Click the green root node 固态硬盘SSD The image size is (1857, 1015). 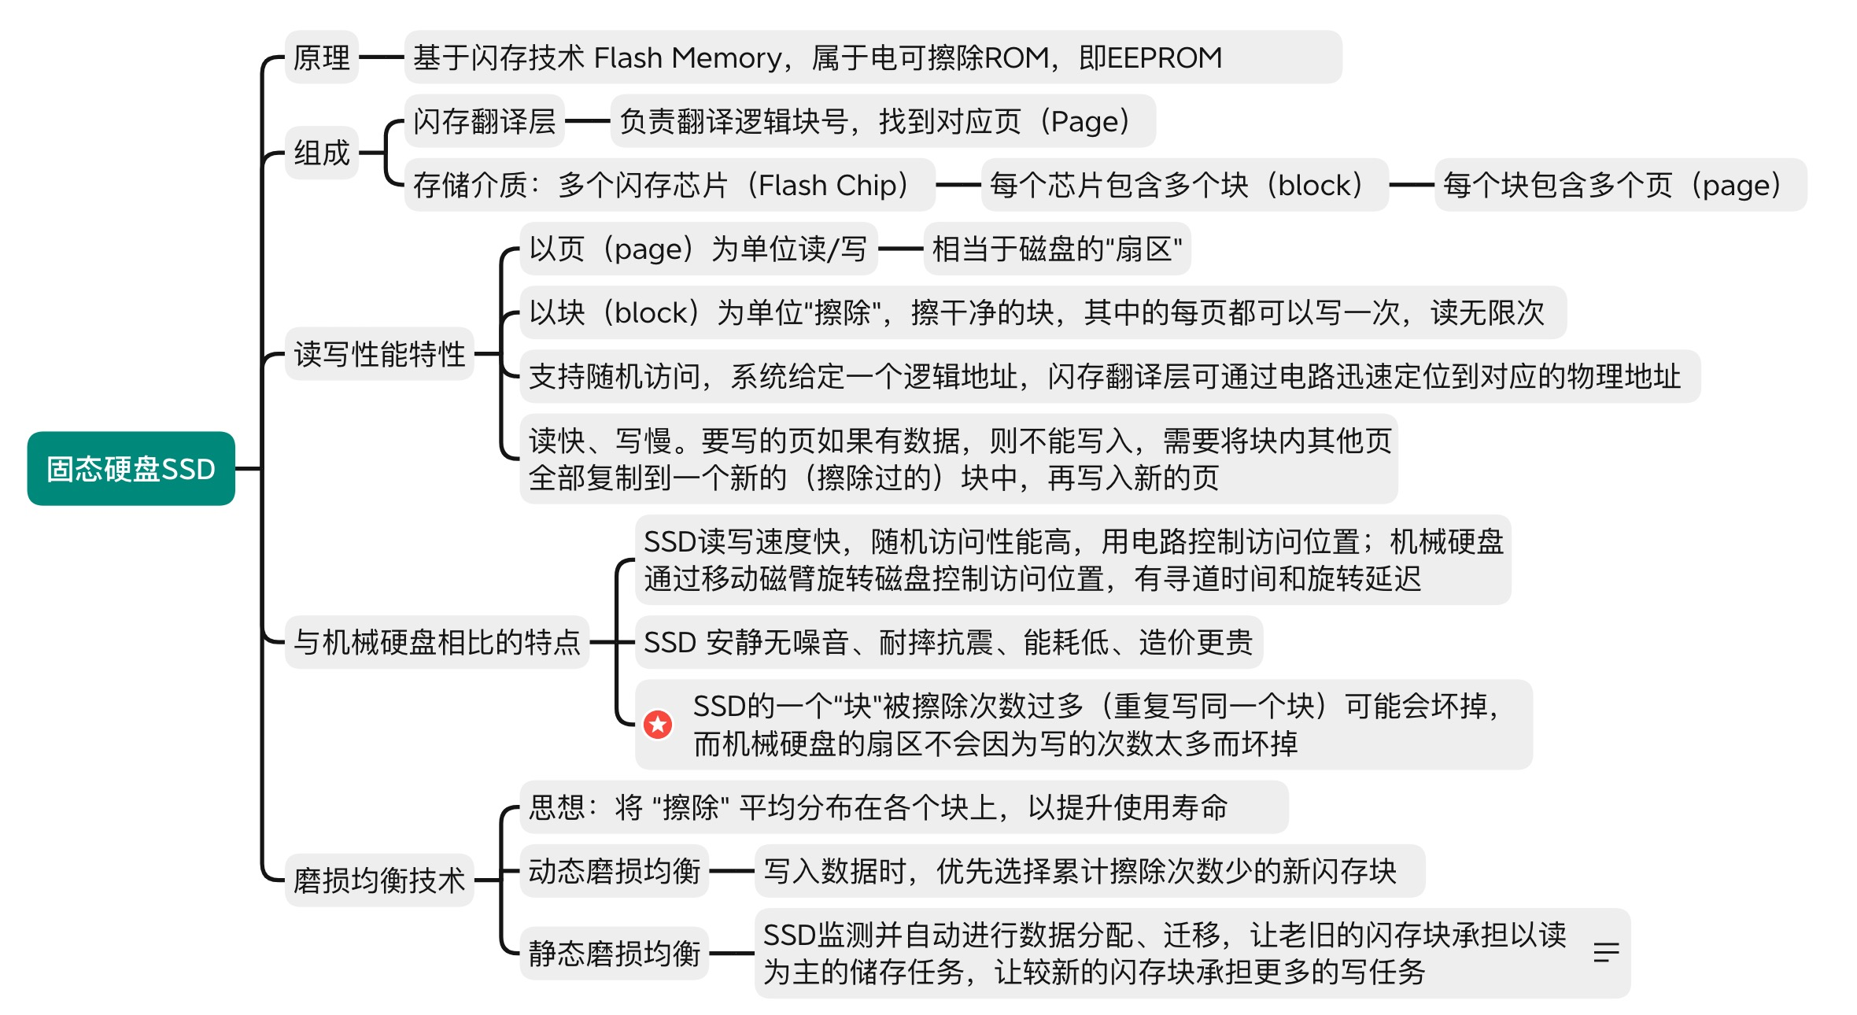tap(131, 468)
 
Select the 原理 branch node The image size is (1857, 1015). tap(321, 57)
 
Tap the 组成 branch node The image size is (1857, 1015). tap(321, 153)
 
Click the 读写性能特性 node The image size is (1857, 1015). tap(378, 354)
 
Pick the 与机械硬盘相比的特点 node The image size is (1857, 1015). tap(437, 642)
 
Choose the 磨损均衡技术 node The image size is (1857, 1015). tap(378, 880)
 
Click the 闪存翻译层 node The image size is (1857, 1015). tap(484, 121)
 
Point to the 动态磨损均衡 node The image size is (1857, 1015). tap(614, 871)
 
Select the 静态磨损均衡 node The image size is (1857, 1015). tap(614, 953)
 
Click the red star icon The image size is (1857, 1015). tap(658, 725)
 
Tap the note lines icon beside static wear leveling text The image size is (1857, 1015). tap(1605, 953)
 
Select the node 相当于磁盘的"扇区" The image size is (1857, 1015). tap(1057, 249)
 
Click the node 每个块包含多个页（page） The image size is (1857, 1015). tap(1619, 185)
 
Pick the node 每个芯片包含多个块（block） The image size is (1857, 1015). tap(1184, 185)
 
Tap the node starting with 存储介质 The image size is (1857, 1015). tap(669, 185)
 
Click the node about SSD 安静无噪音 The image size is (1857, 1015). tap(948, 642)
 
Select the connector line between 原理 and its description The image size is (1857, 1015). tap(382, 57)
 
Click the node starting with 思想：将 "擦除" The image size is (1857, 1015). tap(903, 807)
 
